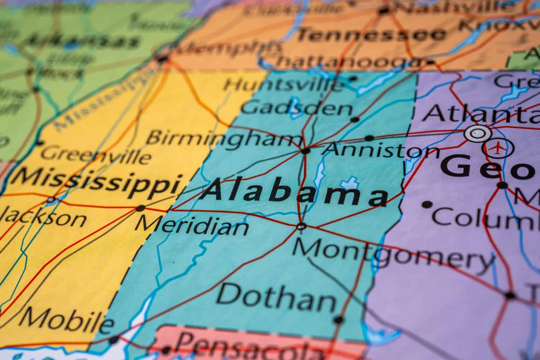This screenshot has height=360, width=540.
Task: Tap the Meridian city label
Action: tap(192, 226)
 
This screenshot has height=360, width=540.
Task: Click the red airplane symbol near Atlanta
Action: tap(498, 148)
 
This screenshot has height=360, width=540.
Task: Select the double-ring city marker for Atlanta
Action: tap(478, 134)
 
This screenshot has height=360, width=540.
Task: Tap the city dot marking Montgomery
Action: tap(301, 226)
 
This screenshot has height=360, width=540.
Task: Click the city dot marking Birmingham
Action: tap(306, 151)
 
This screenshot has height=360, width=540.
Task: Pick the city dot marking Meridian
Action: tap(141, 208)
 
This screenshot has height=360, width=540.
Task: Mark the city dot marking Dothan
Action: tap(338, 320)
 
